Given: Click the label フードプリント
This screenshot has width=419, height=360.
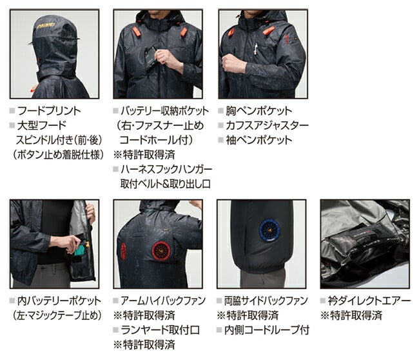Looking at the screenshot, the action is click(49, 111).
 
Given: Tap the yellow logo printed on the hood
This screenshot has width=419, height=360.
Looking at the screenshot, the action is click(46, 26).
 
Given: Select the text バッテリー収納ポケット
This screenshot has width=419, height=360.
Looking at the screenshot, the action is click(164, 111).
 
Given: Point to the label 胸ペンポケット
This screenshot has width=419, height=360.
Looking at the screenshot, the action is click(259, 111).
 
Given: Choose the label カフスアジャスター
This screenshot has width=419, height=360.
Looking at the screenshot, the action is click(268, 125).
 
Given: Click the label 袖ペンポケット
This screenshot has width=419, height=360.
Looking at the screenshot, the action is click(259, 140).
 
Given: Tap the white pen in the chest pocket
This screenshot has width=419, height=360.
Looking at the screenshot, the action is click(256, 48).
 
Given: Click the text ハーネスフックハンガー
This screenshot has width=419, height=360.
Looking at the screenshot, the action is click(166, 169).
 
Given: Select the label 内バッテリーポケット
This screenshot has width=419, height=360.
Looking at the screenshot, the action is click(59, 301).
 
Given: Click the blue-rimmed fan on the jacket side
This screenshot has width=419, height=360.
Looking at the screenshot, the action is click(269, 230).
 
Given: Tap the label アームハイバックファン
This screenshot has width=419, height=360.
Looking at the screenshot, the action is click(163, 301).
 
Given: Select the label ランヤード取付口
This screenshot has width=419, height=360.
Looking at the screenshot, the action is click(161, 330).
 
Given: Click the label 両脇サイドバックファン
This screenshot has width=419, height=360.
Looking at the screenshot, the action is click(266, 301).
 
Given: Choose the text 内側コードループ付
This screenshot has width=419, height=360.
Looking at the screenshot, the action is click(267, 330).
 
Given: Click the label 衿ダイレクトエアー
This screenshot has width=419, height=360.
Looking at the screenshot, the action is click(369, 301).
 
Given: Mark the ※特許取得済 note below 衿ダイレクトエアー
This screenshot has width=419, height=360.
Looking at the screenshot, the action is click(351, 315).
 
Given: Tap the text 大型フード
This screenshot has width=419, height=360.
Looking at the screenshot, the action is click(42, 125).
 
